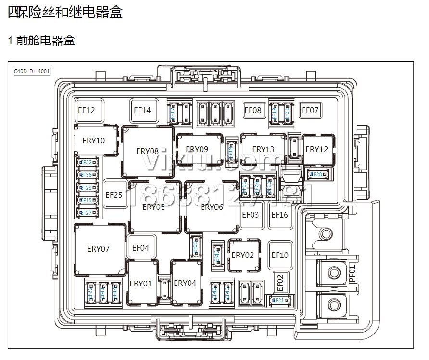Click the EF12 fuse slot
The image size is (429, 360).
(x=87, y=110)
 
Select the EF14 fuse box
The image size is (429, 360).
(x=142, y=110)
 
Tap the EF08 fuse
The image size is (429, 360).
(x=253, y=110)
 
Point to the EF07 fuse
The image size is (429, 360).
(x=310, y=110)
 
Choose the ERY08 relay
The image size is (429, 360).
(x=147, y=151)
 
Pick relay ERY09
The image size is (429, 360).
(x=197, y=149)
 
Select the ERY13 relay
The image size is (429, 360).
(x=263, y=149)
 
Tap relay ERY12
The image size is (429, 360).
(x=316, y=149)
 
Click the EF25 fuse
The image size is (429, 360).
(x=114, y=195)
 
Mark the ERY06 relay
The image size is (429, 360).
(x=212, y=207)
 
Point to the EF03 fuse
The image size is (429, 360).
(x=251, y=215)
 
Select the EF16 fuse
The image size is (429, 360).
(x=280, y=215)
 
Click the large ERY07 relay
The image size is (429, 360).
(x=99, y=249)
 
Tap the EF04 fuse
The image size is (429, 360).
(x=140, y=248)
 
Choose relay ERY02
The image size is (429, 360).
(x=243, y=255)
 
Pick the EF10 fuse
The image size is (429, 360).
(x=280, y=255)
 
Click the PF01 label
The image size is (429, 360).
(x=353, y=273)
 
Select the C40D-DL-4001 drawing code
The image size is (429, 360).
(x=32, y=71)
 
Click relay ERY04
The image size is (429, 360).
(x=185, y=283)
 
